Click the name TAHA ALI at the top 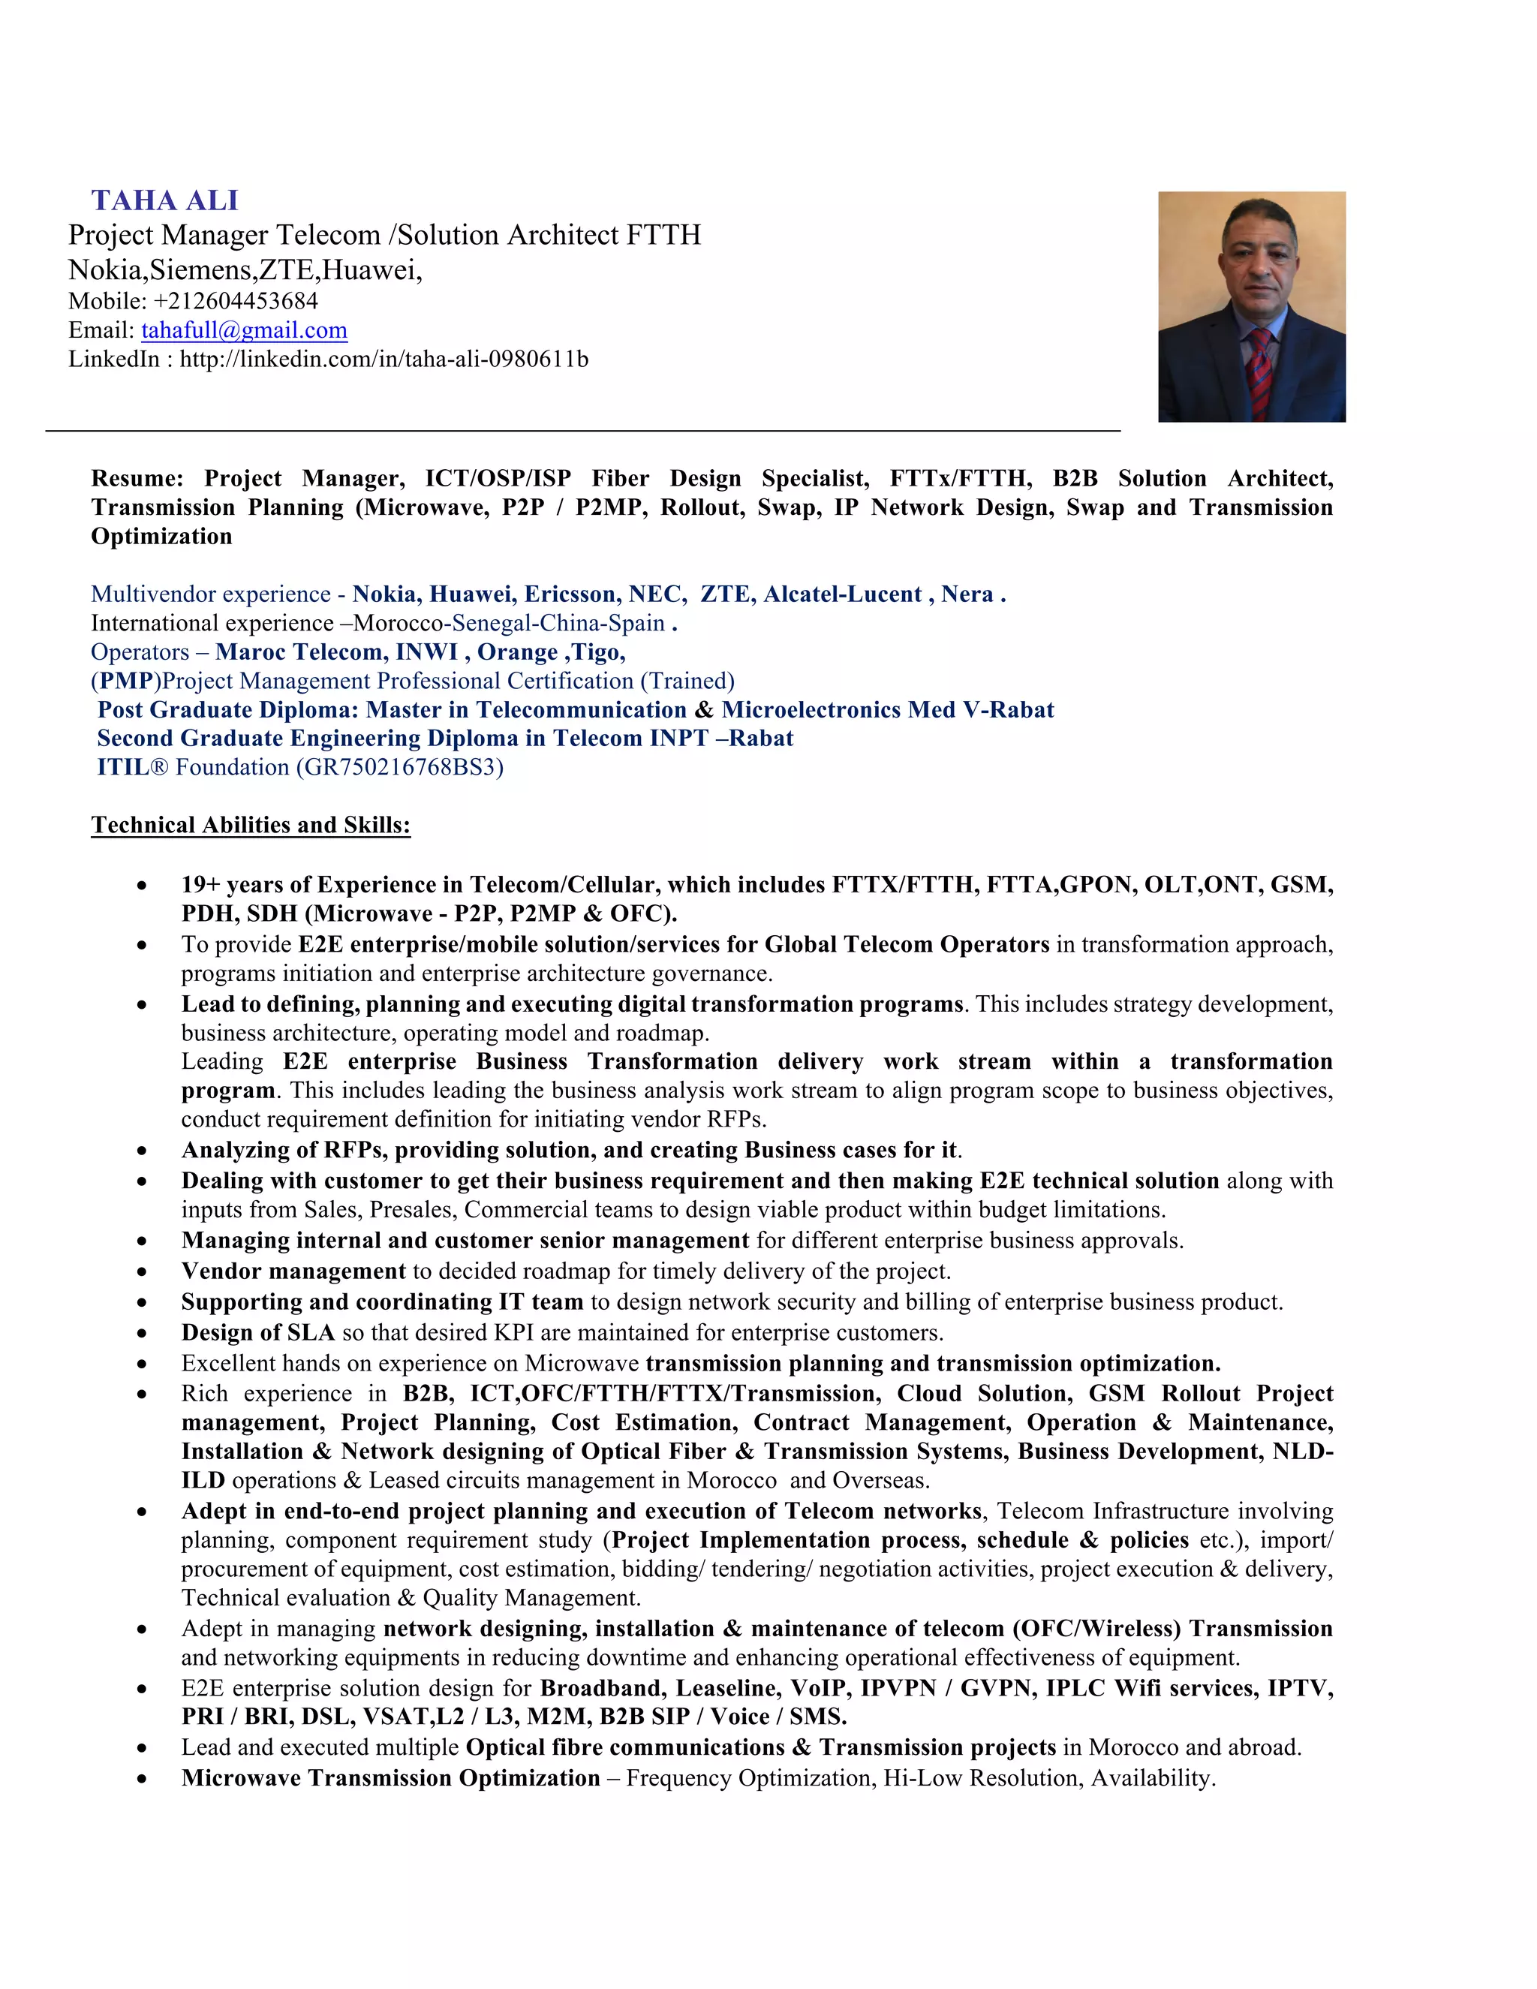click(x=165, y=200)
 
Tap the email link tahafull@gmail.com click(x=244, y=329)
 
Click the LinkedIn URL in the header click(x=383, y=359)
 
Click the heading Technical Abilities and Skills click(x=251, y=825)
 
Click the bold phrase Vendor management click(x=293, y=1271)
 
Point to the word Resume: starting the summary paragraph click(x=137, y=478)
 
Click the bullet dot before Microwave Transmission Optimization click(x=141, y=1779)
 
